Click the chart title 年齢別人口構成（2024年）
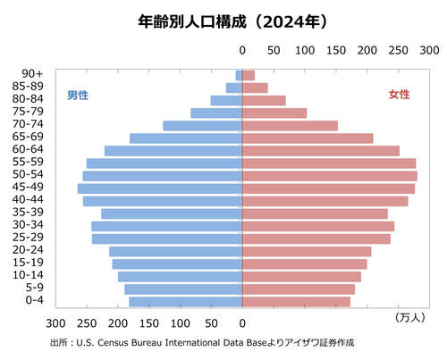click(x=224, y=19)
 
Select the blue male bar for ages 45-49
click(x=160, y=188)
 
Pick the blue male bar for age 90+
click(x=239, y=75)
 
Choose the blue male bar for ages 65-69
click(x=186, y=138)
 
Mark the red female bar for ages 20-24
click(x=307, y=251)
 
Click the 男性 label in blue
click(x=78, y=95)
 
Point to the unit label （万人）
click(x=411, y=317)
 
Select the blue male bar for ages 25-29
click(x=167, y=239)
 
